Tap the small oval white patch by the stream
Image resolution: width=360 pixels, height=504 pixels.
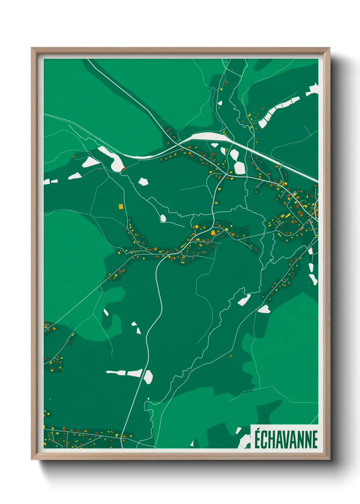click(163, 218)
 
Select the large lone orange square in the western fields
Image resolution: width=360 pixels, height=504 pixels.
click(120, 206)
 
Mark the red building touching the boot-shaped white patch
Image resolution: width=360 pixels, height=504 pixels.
click(124, 168)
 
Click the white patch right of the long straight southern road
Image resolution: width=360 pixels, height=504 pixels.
click(148, 377)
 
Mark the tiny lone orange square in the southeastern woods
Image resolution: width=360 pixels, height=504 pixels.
click(231, 356)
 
